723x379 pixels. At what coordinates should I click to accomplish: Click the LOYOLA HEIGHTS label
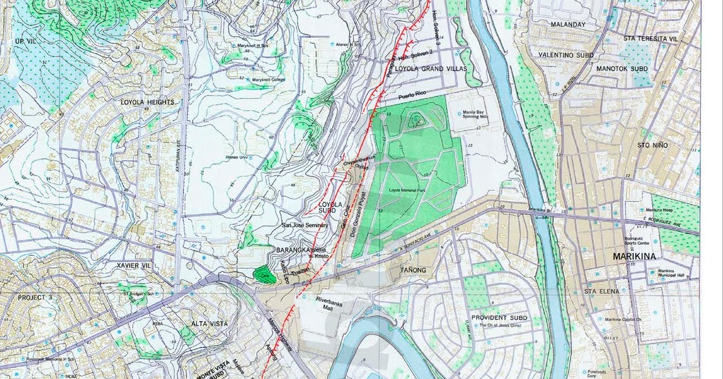pyautogui.click(x=147, y=102)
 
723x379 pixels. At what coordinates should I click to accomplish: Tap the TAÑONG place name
pyautogui.click(x=414, y=269)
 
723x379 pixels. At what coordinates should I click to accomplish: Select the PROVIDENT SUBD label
pyautogui.click(x=499, y=318)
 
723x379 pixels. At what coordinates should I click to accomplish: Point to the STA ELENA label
pyautogui.click(x=601, y=291)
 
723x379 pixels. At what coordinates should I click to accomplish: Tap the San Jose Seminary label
pyautogui.click(x=304, y=226)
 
